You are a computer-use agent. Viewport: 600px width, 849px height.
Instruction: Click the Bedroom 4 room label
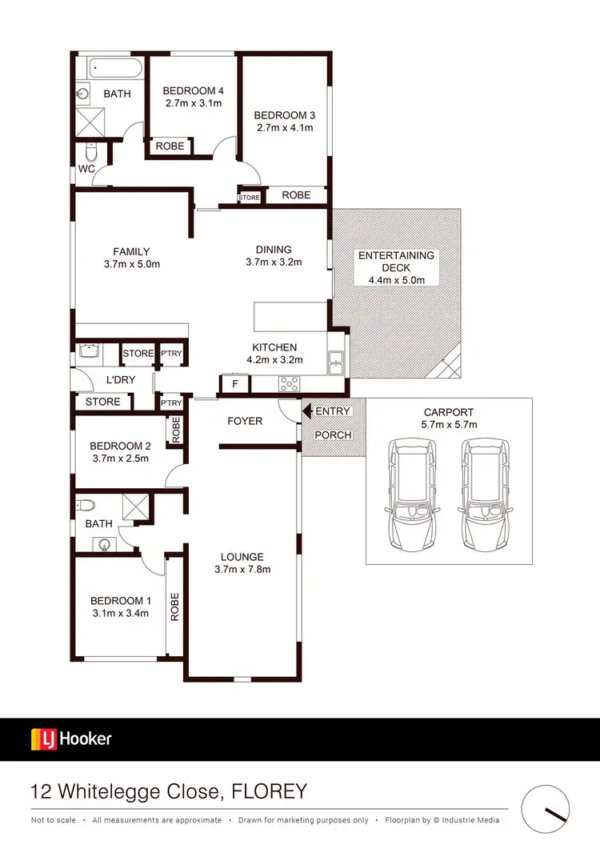point(193,90)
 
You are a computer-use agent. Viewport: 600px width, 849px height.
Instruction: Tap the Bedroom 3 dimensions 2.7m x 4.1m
point(284,127)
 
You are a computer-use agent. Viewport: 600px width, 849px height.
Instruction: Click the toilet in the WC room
point(91,152)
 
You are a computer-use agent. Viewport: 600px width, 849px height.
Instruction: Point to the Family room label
point(131,251)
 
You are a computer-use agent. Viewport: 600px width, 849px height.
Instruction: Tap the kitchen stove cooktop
point(287,384)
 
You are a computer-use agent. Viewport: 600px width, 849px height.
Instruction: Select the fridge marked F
point(234,384)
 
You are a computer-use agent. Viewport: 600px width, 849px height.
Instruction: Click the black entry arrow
point(306,410)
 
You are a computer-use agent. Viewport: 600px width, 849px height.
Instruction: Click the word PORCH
point(333,435)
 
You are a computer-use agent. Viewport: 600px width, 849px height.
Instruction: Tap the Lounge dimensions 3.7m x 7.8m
point(243,570)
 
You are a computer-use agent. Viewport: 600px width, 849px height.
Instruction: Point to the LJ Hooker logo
point(71,739)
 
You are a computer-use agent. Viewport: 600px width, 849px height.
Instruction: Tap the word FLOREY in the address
point(270,792)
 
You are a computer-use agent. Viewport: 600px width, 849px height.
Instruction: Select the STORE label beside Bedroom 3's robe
point(250,196)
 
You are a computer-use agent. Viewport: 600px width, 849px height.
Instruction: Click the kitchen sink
point(336,363)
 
